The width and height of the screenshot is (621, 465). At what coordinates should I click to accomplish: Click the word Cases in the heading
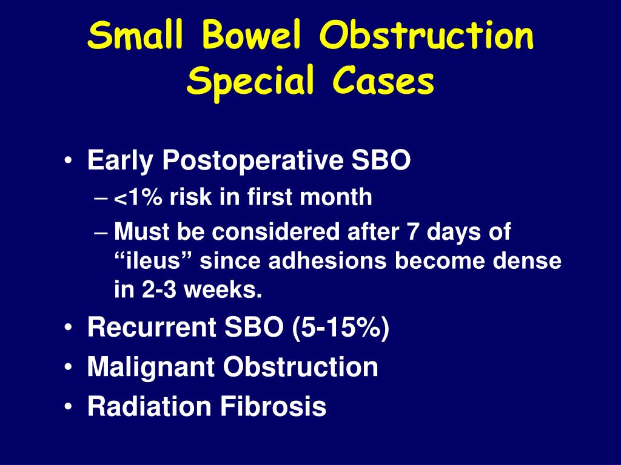click(x=383, y=81)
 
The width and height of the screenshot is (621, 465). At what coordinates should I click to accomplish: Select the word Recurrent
click(x=152, y=327)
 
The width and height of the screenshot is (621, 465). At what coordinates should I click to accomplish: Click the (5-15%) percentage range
click(x=341, y=328)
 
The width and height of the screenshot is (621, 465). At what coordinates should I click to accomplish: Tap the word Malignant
click(x=151, y=368)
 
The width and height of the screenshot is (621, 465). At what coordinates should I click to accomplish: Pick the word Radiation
click(x=149, y=406)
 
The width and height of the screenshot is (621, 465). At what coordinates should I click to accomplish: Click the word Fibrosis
click(x=274, y=406)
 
